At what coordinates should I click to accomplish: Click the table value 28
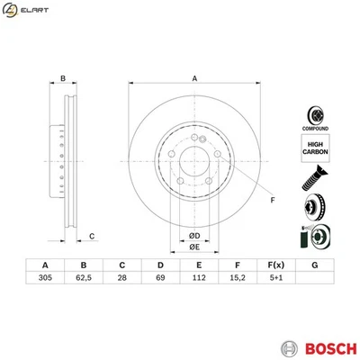click(x=121, y=279)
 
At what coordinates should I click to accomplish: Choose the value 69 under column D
click(x=160, y=279)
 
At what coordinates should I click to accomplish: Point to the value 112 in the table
click(x=199, y=279)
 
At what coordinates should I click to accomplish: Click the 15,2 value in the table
click(x=238, y=279)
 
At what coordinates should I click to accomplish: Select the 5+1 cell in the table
click(x=276, y=279)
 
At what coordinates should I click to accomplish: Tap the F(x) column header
click(x=276, y=265)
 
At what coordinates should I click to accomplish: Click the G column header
click(x=314, y=265)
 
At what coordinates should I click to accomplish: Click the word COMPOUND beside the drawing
click(x=315, y=129)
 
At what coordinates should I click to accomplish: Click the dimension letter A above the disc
click(x=193, y=78)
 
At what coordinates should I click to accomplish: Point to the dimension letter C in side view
click(x=92, y=236)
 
